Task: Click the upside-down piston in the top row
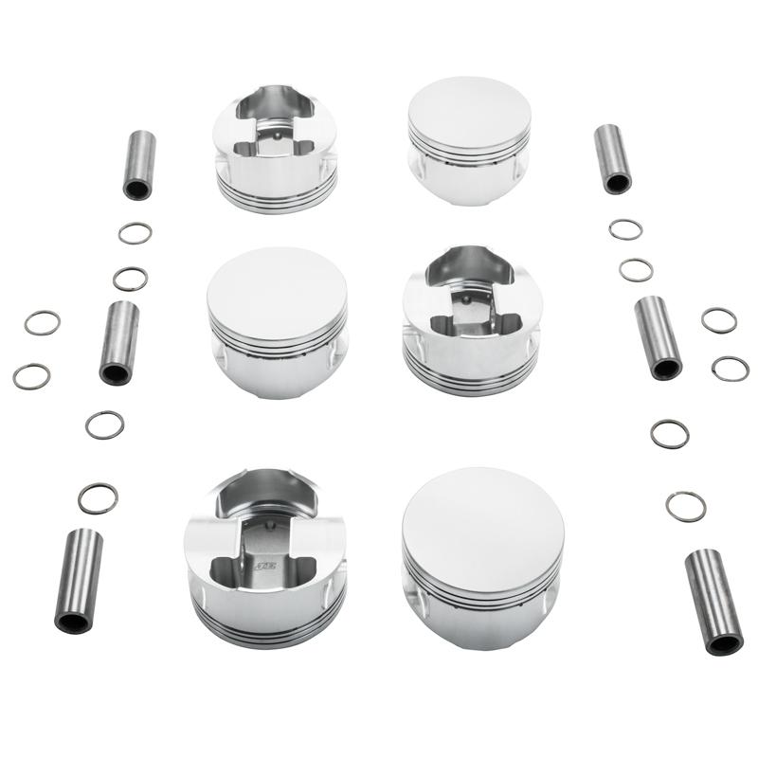pos(276,152)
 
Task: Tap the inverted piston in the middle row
pos(471,313)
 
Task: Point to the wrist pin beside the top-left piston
pos(139,164)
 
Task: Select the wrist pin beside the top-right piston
pos(613,158)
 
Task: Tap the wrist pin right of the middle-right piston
pos(658,336)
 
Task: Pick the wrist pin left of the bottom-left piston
pos(79,580)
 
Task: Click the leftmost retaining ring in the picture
pos(31,376)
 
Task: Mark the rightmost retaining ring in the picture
pos(730,368)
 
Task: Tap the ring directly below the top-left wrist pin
pos(134,233)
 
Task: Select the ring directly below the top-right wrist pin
pos(625,229)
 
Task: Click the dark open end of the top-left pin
pos(136,189)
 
